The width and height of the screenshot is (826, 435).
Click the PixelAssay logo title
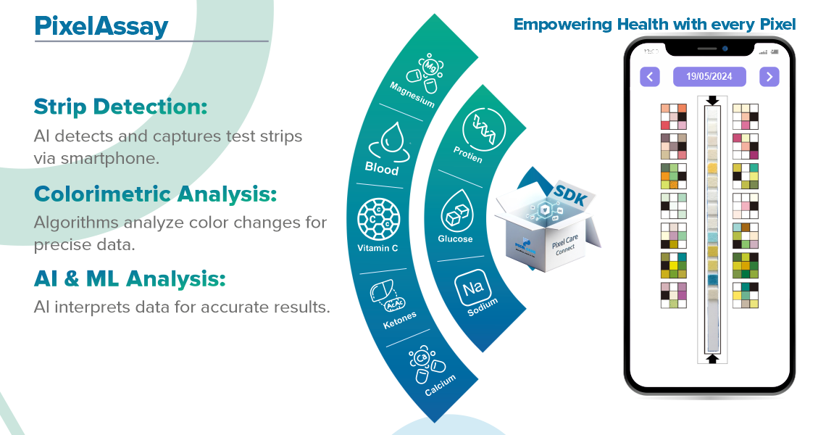click(101, 28)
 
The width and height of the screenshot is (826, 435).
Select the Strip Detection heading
click(120, 107)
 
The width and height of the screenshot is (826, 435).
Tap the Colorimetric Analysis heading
click(156, 194)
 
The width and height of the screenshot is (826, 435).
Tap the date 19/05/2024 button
click(709, 76)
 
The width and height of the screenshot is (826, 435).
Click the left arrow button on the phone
click(650, 76)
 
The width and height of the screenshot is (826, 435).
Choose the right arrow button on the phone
click(769, 76)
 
